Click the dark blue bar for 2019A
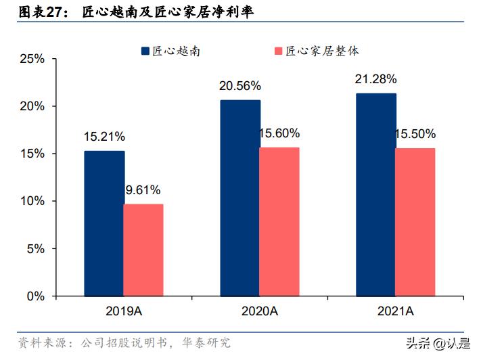point(104,223)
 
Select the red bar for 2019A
point(143,250)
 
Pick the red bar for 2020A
point(279,221)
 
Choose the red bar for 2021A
point(415,222)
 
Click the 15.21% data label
point(104,137)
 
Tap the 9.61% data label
point(144,190)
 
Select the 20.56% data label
point(239,86)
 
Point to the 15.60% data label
point(279,133)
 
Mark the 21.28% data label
point(375,79)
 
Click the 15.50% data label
point(415,134)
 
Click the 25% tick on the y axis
point(32,59)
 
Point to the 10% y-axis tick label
point(32,201)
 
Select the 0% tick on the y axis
point(36,296)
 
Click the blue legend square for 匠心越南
point(145,51)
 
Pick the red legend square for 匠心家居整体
point(279,51)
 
